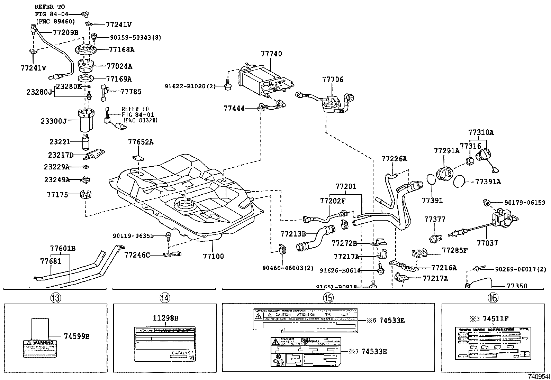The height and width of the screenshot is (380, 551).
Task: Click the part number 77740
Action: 271,54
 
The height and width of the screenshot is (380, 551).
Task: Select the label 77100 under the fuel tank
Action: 213,256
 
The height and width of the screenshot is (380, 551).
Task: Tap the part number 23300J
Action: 54,121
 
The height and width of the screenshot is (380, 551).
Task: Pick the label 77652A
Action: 141,142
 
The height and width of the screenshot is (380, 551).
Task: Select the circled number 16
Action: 492,297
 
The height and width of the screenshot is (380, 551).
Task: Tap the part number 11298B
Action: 166,318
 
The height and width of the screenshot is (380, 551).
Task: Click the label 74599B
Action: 76,336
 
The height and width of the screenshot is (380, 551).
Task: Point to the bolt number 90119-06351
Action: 133,236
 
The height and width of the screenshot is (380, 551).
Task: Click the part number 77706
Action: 333,80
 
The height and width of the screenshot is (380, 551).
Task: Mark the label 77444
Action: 234,108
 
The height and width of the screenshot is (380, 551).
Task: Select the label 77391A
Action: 488,182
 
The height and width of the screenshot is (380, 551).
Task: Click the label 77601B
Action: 63,248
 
